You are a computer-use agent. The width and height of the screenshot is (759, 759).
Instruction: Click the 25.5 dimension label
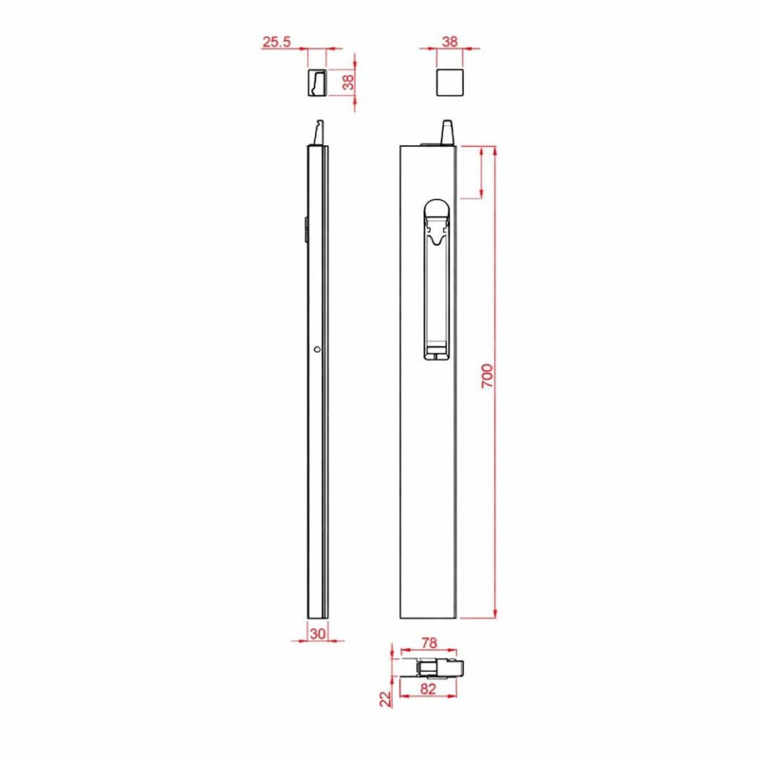[x=276, y=42]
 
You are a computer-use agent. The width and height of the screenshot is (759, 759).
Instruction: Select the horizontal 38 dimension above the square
[x=450, y=42]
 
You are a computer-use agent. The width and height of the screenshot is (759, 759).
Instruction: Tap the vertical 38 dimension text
[x=348, y=83]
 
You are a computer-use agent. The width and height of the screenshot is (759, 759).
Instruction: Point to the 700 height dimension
[x=488, y=376]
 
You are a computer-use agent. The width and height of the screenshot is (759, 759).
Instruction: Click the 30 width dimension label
[x=318, y=634]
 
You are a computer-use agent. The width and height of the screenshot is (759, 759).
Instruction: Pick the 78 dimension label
[x=429, y=643]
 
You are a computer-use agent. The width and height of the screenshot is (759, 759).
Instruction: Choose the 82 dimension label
[x=428, y=689]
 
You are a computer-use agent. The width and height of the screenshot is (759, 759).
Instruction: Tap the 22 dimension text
[x=385, y=699]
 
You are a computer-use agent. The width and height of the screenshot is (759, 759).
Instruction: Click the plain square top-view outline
[x=450, y=83]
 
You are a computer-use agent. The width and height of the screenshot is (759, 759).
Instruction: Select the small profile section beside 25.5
[x=317, y=83]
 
